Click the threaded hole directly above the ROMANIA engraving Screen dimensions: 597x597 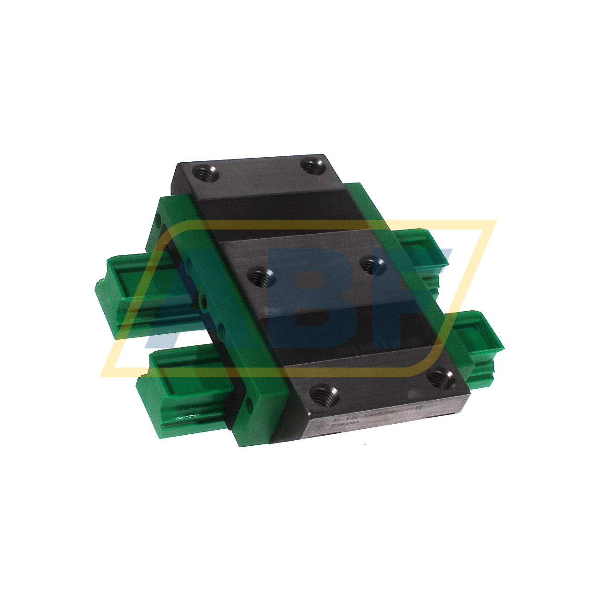coord(325,394)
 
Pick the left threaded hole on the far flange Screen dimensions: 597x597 coord(202,174)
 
